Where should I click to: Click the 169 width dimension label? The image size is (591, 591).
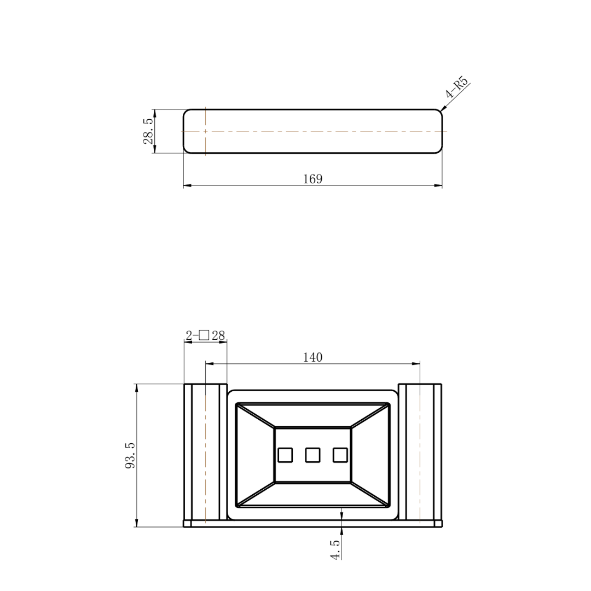pyautogui.click(x=312, y=178)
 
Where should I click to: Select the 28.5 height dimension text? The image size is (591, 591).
pyautogui.click(x=148, y=131)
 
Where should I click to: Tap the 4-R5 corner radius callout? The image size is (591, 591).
pyautogui.click(x=456, y=88)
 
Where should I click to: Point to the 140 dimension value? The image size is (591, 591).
pyautogui.click(x=312, y=357)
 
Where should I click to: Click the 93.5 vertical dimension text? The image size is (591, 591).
pyautogui.click(x=130, y=455)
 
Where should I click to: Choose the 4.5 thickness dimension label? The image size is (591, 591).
pyautogui.click(x=335, y=549)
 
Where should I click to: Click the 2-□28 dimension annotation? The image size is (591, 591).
pyautogui.click(x=205, y=335)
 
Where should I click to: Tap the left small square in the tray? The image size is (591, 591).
pyautogui.click(x=285, y=455)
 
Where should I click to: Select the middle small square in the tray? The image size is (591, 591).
pyautogui.click(x=312, y=455)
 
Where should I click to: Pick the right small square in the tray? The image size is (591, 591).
pyautogui.click(x=340, y=455)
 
